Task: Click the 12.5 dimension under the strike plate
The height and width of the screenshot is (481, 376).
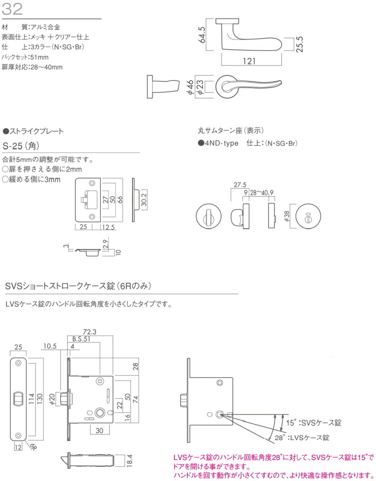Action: point(108,227)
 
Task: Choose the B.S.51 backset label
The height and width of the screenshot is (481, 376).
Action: point(82,339)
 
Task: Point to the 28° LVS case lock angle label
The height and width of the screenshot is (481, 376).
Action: point(302,438)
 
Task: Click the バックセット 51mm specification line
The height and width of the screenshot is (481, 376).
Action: point(29,57)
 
